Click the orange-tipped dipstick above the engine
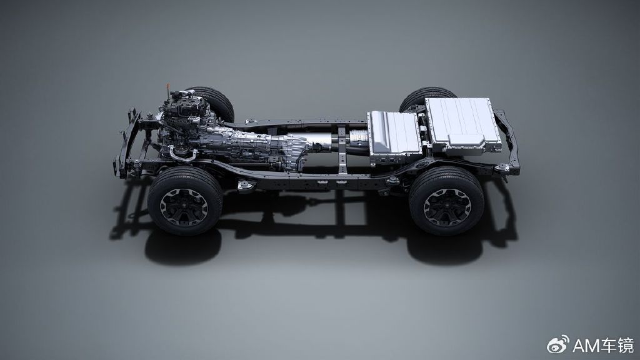pyautogui.click(x=167, y=90)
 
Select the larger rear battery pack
pyautogui.click(x=463, y=124)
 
